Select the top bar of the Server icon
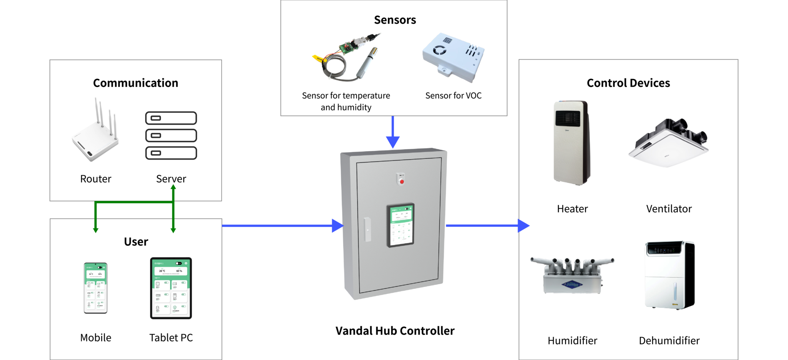pyautogui.click(x=171, y=118)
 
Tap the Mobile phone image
pyautogui.click(x=95, y=288)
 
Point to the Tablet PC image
pyautogui.click(x=171, y=288)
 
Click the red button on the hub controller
pyautogui.click(x=402, y=182)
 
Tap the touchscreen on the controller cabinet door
pyautogui.click(x=401, y=225)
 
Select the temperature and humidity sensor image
pyautogui.click(x=346, y=58)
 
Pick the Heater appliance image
pyautogui.click(x=572, y=143)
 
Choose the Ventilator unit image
pyautogui.click(x=669, y=143)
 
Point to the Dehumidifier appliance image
pyautogui.click(x=669, y=275)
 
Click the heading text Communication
pyautogui.click(x=135, y=83)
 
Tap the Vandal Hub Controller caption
pyautogui.click(x=395, y=331)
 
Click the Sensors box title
pyautogui.click(x=395, y=20)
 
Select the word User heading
pyautogui.click(x=136, y=242)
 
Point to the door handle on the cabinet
pyautogui.click(x=367, y=230)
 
